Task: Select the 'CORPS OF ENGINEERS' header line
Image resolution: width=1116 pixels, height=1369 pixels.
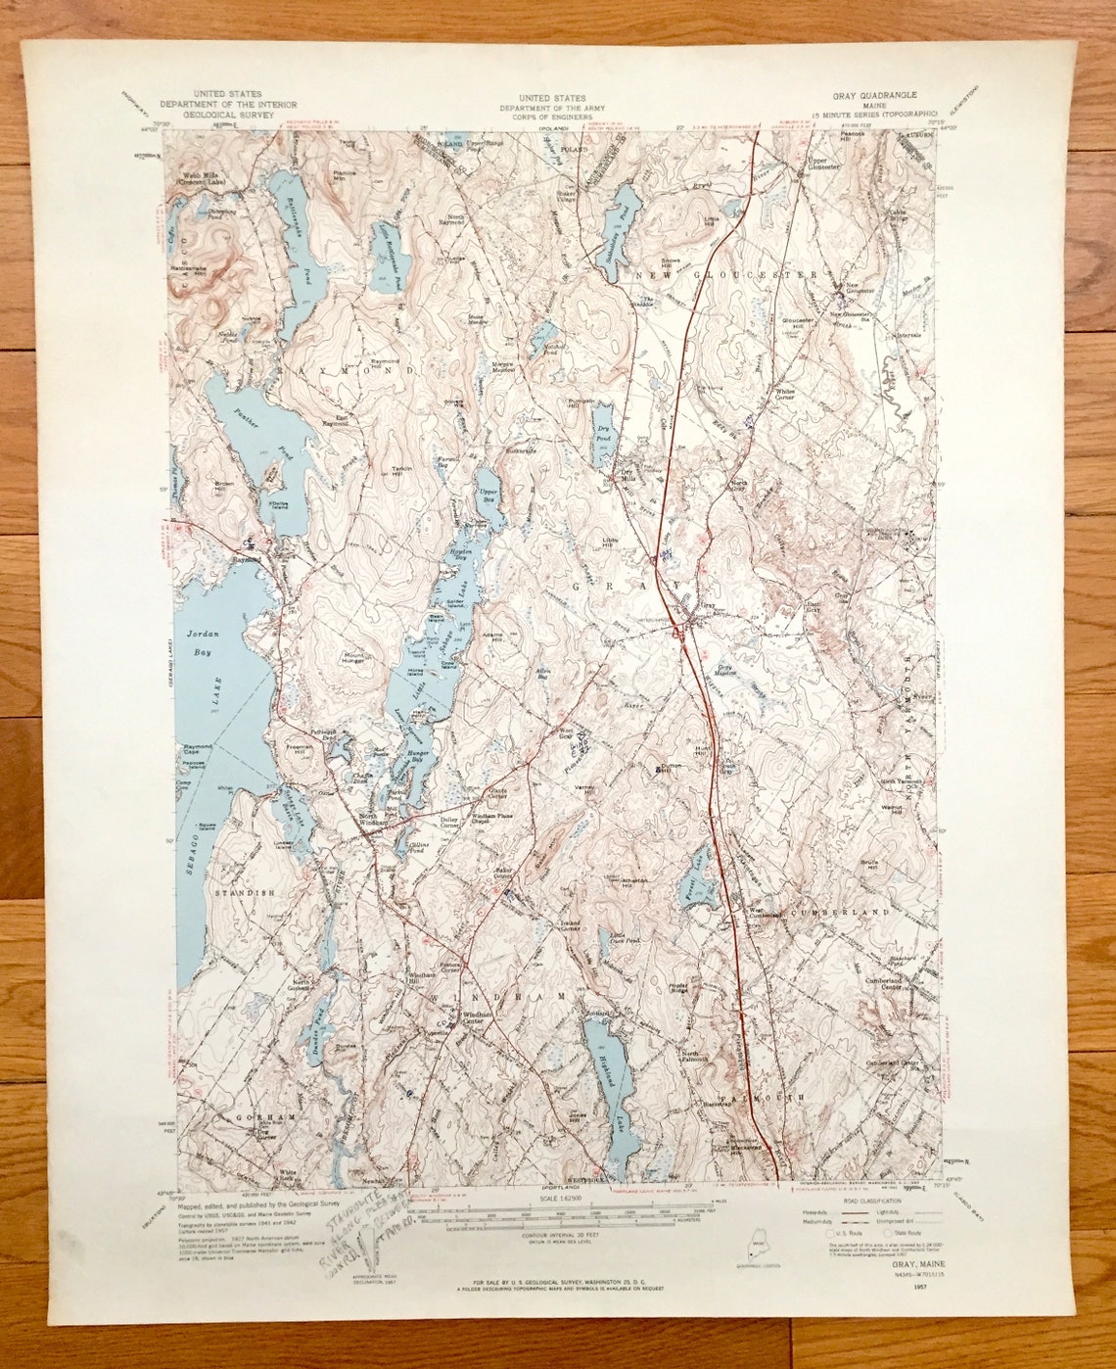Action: point(553,115)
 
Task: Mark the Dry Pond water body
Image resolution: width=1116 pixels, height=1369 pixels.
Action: point(602,439)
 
